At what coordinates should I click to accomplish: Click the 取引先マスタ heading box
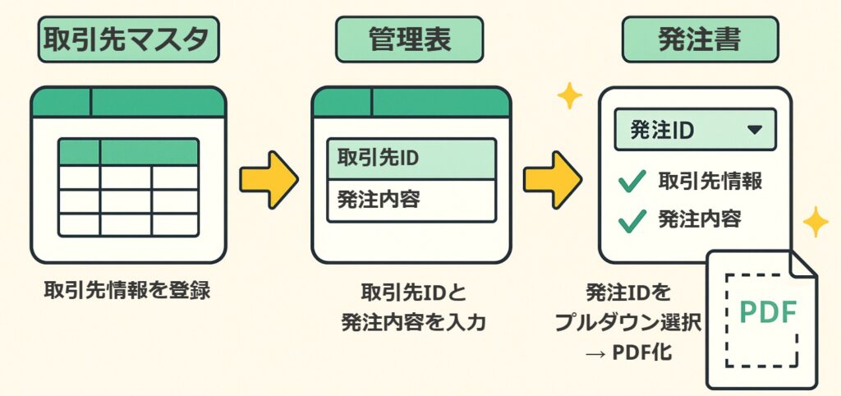tap(128, 40)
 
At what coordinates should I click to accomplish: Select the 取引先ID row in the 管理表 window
tap(411, 159)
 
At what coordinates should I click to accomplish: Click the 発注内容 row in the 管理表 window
tap(411, 200)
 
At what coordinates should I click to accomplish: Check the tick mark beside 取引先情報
tap(632, 182)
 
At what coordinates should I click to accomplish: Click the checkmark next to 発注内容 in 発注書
tap(632, 219)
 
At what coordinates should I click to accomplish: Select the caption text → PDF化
tap(631, 352)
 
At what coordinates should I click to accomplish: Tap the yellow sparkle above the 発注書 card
tap(568, 96)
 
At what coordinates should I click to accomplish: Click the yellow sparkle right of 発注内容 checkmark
tap(816, 222)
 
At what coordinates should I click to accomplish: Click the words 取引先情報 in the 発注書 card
tap(710, 182)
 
